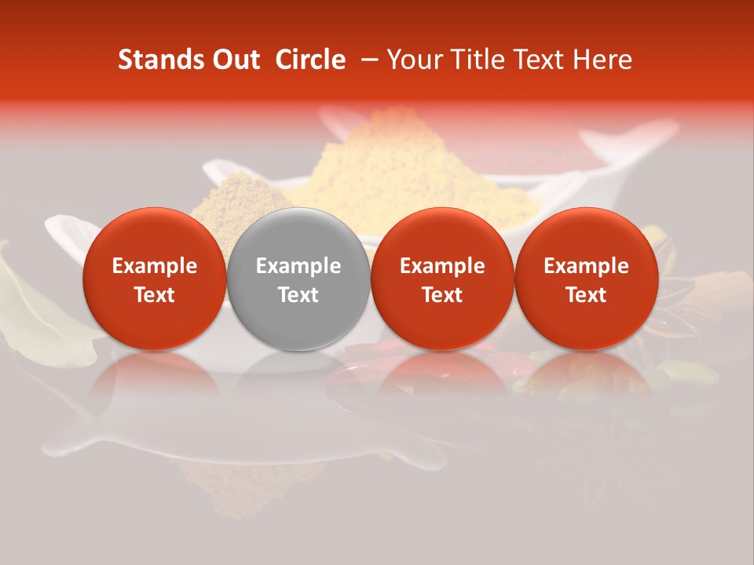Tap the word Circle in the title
[310, 60]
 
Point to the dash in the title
[366, 60]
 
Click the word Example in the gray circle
[298, 266]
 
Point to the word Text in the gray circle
[298, 295]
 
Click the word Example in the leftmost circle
[154, 266]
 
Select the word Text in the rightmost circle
[587, 295]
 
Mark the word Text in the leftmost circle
[154, 295]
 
